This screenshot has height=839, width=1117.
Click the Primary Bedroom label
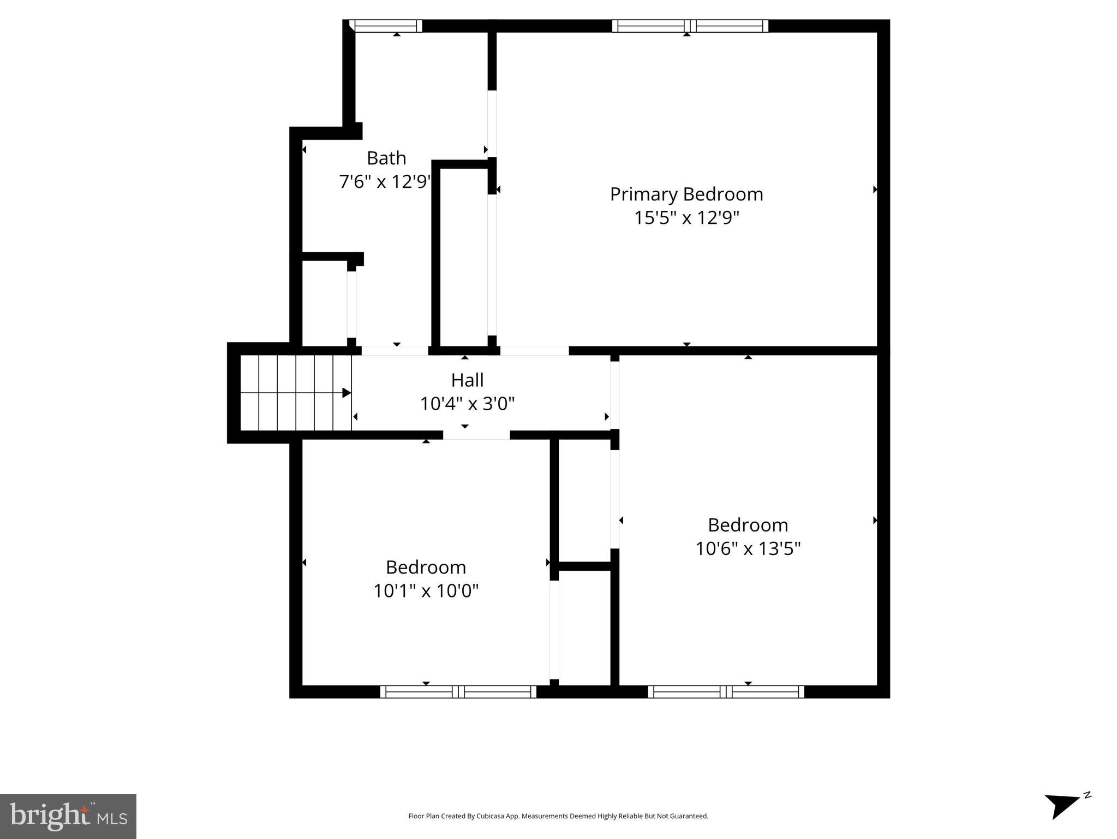point(686,194)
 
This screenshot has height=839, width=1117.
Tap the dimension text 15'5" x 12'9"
point(686,218)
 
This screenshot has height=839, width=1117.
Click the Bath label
point(386,158)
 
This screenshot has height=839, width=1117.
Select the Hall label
point(467,380)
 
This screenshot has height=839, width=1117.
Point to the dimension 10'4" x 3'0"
point(467,404)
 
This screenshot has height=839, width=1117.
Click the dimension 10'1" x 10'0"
point(426,590)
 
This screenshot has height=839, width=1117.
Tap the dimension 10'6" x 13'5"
point(748,548)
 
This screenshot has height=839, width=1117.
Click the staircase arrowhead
point(347,393)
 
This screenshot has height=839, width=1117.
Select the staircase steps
point(295,393)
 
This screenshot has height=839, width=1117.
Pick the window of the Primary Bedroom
point(690,26)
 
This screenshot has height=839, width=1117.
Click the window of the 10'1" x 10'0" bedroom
point(458,692)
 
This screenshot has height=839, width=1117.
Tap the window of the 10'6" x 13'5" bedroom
point(726,692)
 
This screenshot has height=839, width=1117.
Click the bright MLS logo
point(68,816)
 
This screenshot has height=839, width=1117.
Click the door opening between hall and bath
point(395,351)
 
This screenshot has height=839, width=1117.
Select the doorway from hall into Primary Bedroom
point(534,351)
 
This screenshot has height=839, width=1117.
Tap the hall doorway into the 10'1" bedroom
point(476,435)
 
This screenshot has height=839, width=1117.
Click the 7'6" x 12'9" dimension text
point(385,181)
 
